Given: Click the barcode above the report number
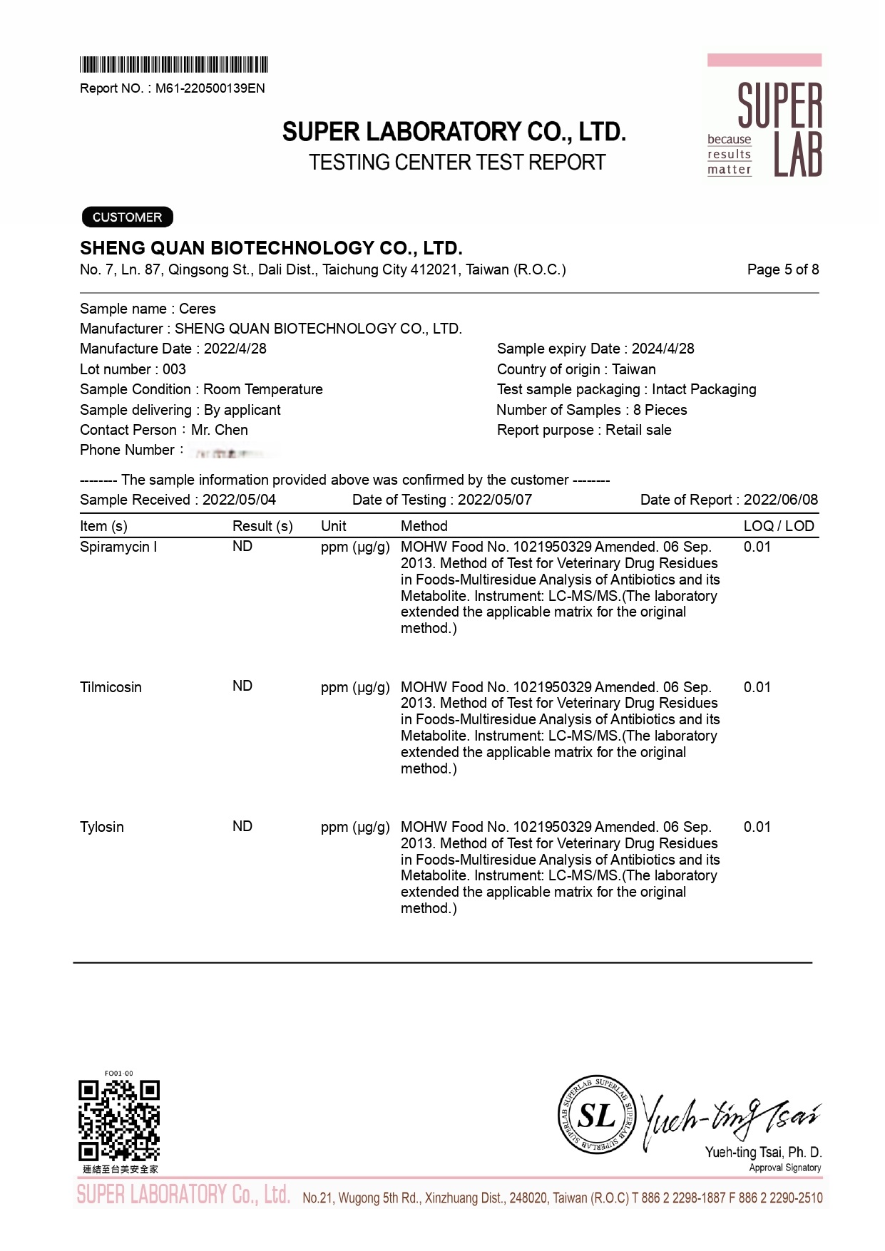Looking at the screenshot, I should [x=174, y=65].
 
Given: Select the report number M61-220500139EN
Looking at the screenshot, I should [x=210, y=88].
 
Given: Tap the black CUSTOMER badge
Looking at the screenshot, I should [x=127, y=217].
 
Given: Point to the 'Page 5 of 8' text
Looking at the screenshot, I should [x=782, y=269].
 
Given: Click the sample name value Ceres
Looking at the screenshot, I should [x=198, y=309].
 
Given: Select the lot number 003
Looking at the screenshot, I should [x=174, y=369].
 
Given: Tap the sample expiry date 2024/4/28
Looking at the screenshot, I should [x=663, y=349].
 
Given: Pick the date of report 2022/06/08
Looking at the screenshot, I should [x=780, y=500].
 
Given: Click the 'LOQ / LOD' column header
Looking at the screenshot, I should [x=778, y=526].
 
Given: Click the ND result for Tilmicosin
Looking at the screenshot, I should [x=242, y=686].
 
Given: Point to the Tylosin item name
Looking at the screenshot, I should [x=102, y=827].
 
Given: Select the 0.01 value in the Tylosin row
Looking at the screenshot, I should [x=757, y=827].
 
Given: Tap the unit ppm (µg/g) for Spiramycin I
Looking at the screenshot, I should [x=355, y=547].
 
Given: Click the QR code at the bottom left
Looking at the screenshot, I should [x=119, y=1120].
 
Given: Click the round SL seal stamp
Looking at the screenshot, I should [x=596, y=1114].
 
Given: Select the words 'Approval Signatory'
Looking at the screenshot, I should [x=784, y=1168].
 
